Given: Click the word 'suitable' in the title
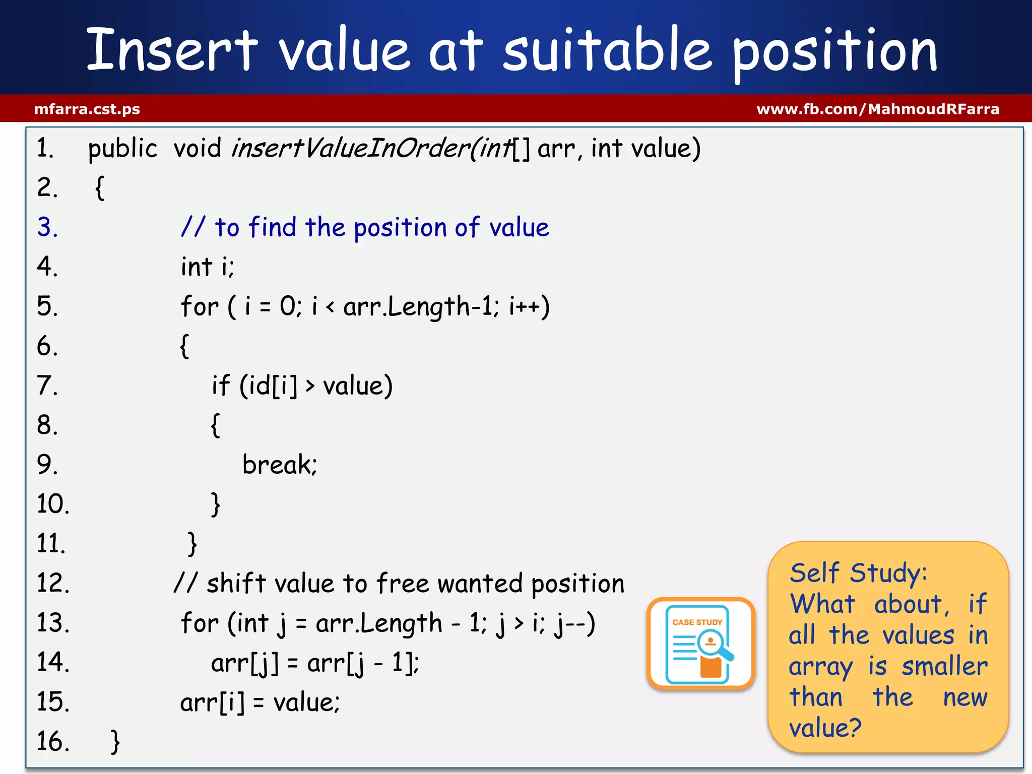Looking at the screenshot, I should (607, 50).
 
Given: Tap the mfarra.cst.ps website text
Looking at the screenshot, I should (87, 109).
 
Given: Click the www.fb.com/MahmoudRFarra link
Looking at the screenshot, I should (877, 109).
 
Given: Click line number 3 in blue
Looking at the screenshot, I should (47, 227).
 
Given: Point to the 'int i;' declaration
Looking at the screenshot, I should (207, 267).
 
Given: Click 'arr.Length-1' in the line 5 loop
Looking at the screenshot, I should (418, 306).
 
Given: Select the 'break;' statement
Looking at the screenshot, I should (279, 465).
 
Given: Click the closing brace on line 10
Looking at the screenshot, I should (216, 504).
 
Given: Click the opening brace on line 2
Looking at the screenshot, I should (100, 188).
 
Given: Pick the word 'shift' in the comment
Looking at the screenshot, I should (236, 584).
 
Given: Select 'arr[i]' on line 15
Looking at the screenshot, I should (212, 702).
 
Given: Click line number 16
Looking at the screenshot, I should (52, 742).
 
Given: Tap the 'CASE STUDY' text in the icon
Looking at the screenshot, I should (697, 622).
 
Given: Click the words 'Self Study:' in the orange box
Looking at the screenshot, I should (858, 573).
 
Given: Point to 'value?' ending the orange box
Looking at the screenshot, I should (825, 728).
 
